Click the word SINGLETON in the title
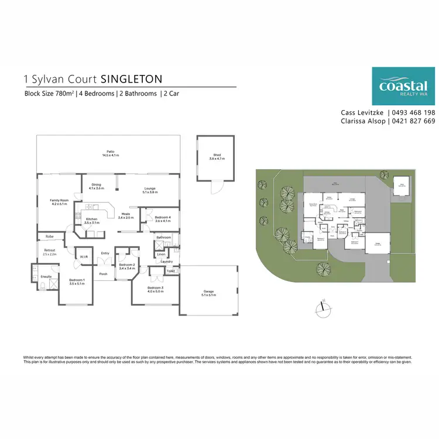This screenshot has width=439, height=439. [x=132, y=78]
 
